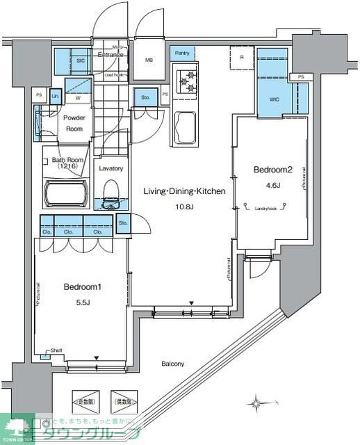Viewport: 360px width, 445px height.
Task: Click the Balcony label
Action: click(x=172, y=364)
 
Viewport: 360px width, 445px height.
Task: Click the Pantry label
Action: click(x=182, y=53)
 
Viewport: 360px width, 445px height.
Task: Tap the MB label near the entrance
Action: click(x=149, y=60)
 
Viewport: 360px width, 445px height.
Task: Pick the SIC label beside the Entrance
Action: click(x=80, y=60)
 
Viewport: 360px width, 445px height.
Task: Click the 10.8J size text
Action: click(x=183, y=207)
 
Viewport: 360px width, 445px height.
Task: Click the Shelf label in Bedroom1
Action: click(x=56, y=350)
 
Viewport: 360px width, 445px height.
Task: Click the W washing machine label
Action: click(x=77, y=99)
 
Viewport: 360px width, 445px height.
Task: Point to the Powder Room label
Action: click(x=74, y=123)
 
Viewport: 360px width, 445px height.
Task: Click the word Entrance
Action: click(x=110, y=54)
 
